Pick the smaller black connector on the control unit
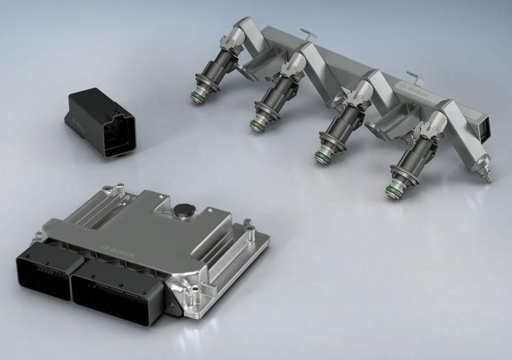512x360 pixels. (49, 270)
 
